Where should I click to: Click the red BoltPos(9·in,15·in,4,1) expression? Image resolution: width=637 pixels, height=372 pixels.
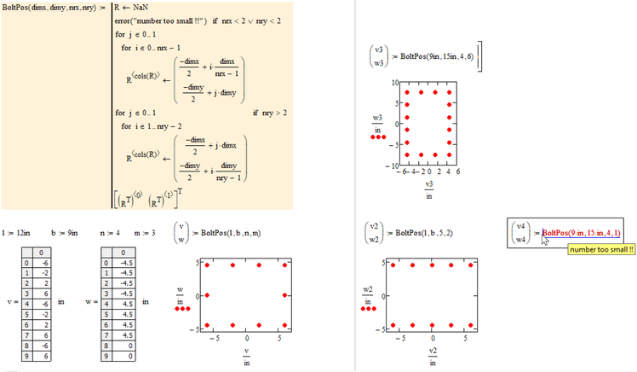[x=581, y=232]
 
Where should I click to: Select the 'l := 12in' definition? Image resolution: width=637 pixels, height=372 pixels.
[x=16, y=232]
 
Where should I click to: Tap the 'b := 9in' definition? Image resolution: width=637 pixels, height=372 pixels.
[x=65, y=232]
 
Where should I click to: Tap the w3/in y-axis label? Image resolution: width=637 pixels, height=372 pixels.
[x=377, y=124]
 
